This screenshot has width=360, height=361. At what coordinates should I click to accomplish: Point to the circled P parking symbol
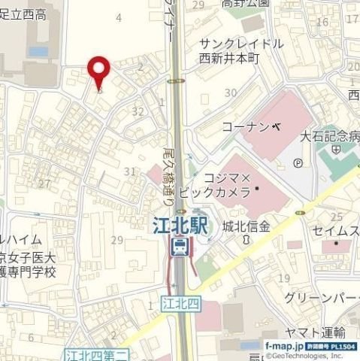(x=299, y=162)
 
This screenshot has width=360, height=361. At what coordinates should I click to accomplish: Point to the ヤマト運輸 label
(x=316, y=332)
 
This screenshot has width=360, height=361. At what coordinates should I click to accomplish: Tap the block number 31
(x=129, y=171)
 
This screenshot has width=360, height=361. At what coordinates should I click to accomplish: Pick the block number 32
(x=137, y=111)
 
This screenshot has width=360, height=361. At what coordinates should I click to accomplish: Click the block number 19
(x=283, y=278)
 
